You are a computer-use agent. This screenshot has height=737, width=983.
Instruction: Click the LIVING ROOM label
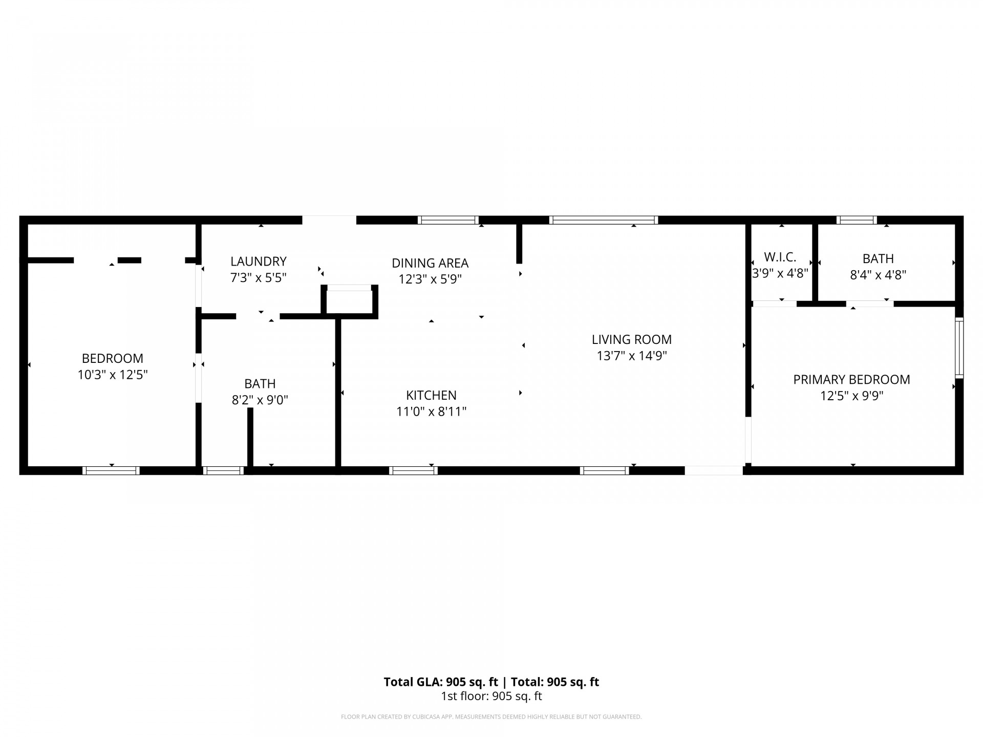click(x=631, y=339)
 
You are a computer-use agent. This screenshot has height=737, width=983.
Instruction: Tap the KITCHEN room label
click(x=431, y=395)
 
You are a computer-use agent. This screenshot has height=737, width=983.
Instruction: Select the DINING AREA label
click(x=430, y=263)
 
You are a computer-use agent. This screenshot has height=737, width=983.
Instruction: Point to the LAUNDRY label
click(x=258, y=262)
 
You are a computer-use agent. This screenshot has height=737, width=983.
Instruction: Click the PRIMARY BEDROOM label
click(x=851, y=380)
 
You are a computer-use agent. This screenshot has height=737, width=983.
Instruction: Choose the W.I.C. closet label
click(x=780, y=257)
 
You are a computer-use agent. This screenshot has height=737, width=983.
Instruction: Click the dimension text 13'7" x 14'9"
click(x=631, y=356)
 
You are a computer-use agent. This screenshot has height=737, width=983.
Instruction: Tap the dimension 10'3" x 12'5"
click(x=113, y=375)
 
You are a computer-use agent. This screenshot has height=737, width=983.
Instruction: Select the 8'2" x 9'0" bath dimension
click(x=260, y=400)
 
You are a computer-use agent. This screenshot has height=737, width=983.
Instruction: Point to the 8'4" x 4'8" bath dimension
click(x=878, y=275)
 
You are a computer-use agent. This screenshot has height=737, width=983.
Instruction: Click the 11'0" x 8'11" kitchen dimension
click(x=431, y=411)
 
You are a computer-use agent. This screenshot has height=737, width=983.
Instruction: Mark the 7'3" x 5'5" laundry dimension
click(x=258, y=278)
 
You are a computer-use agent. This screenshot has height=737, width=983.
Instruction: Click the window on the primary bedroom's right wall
click(x=959, y=348)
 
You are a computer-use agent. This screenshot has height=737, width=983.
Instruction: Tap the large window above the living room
click(x=604, y=220)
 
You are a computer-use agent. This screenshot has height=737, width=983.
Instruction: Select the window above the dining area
click(x=448, y=220)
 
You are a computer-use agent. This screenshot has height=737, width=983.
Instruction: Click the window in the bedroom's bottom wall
click(x=111, y=470)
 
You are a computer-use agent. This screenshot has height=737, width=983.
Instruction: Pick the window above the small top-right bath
click(x=857, y=220)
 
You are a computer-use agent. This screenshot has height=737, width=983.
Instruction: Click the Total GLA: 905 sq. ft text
click(x=441, y=682)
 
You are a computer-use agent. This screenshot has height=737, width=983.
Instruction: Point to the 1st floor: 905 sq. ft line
click(x=491, y=696)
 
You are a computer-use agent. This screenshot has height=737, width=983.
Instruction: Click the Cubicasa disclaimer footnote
click(x=491, y=717)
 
